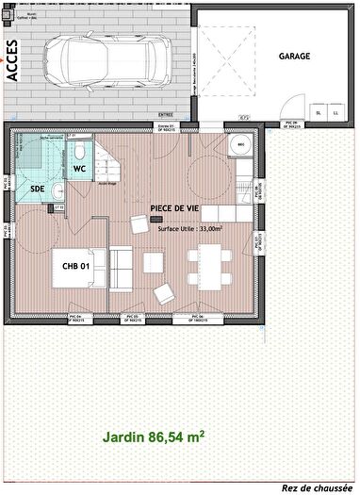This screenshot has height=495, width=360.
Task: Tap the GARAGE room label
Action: pyautogui.click(x=294, y=56)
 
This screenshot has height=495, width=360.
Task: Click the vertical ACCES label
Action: pyautogui.click(x=13, y=61)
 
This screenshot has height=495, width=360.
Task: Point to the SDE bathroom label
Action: pyautogui.click(x=37, y=190)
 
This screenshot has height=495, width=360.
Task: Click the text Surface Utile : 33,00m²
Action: pyautogui.click(x=189, y=227)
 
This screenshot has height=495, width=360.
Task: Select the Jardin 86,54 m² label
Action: pyautogui.click(x=154, y=437)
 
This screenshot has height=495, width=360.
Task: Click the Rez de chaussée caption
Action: pyautogui.click(x=317, y=487)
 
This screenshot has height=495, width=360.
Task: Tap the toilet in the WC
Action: pyautogui.click(x=82, y=151)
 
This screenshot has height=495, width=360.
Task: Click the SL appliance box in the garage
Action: pyautogui.click(x=319, y=112)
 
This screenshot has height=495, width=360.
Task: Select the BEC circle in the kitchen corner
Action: pyautogui.click(x=241, y=146)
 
